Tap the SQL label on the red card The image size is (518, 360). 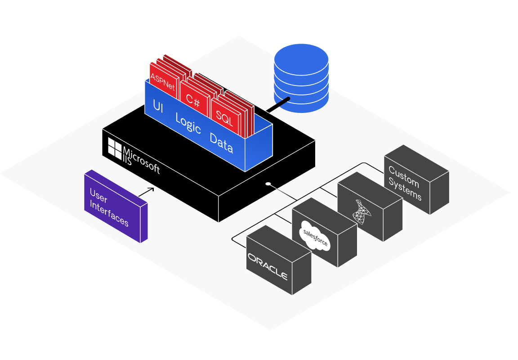pos(224,118)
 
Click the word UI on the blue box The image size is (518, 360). pos(158,106)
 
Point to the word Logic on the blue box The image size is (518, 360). pos(188,124)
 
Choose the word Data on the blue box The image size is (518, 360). pos(221,143)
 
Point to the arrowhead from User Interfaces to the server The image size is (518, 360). pos(152,189)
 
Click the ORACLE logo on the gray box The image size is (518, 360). pos(268,266)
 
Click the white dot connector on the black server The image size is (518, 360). pos(268,184)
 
